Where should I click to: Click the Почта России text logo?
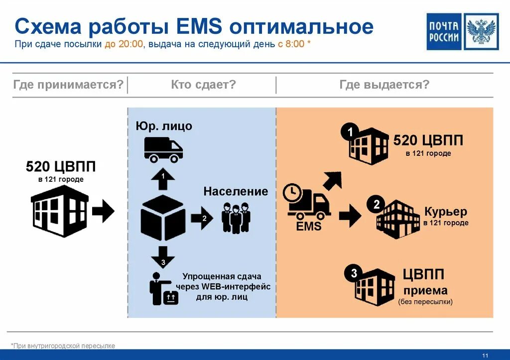444,32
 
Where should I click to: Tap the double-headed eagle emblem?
481,32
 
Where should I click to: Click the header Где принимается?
68,85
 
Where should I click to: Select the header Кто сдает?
203,85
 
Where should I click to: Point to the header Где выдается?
384,85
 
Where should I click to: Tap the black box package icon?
162,218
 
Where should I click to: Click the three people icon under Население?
236,217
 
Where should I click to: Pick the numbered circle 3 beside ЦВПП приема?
354,273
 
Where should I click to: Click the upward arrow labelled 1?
163,180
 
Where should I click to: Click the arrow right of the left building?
103,211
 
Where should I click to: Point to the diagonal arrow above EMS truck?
332,180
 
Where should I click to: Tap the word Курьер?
446,211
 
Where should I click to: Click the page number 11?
485,355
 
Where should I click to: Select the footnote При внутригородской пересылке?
63,346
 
